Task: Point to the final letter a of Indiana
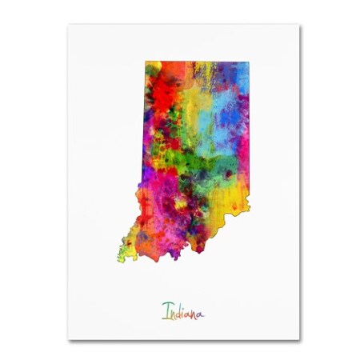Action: pos(199,311)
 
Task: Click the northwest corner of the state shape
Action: pos(146,62)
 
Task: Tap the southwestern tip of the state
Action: pos(121,258)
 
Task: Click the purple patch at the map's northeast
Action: pos(232,84)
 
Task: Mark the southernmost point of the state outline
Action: pos(133,261)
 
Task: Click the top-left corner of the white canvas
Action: pos(68,24)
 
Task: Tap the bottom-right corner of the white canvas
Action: pos(300,339)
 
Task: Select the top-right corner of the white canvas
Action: pos(300,24)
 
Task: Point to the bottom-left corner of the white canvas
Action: pos(68,339)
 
